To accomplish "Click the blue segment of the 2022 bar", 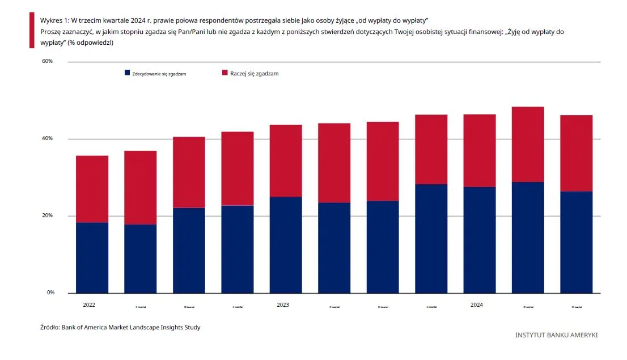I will [x=92, y=257].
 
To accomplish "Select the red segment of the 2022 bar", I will [x=92, y=189].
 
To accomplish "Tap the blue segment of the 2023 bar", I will [x=286, y=245].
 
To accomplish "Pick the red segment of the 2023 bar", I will [x=286, y=160].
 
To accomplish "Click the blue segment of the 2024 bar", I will [x=480, y=240].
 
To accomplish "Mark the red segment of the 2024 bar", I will [x=480, y=150].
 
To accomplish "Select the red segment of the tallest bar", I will [x=528, y=144].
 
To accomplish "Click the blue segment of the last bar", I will [x=576, y=242].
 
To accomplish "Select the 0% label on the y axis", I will [x=50, y=293].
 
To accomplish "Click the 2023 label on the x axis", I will [x=283, y=305].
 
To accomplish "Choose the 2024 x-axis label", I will [x=477, y=305].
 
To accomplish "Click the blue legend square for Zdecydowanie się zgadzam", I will [x=127, y=73].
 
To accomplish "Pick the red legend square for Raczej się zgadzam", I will [x=224, y=73].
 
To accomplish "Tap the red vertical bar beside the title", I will [x=32, y=31].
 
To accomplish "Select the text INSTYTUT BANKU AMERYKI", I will [x=556, y=335].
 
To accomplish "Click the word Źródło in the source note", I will [x=49, y=327].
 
